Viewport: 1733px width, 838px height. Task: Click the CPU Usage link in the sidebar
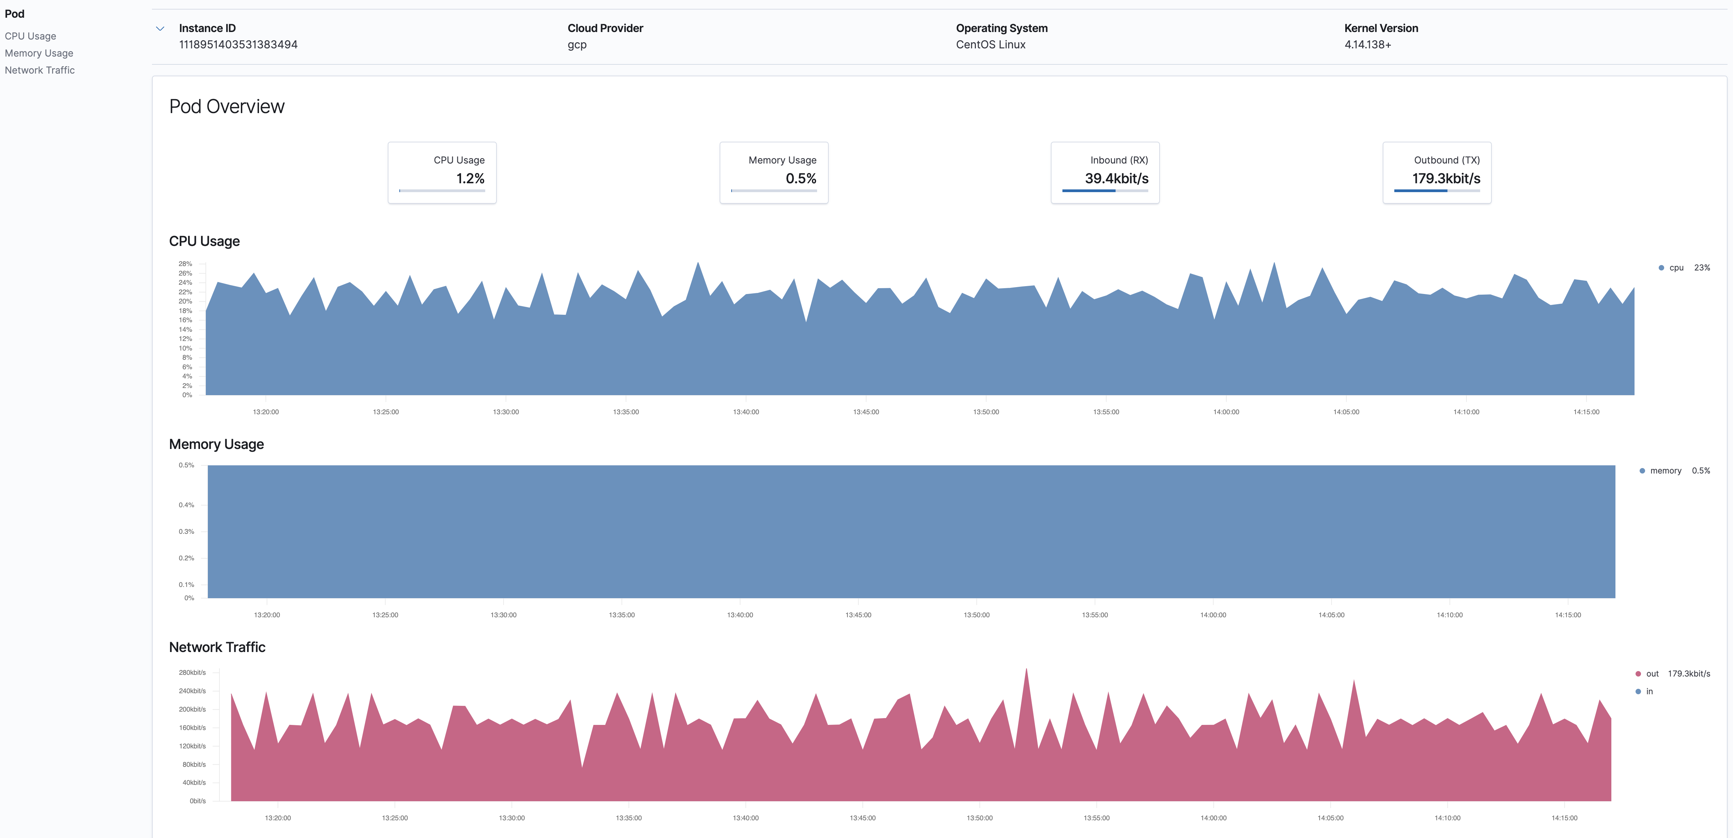tap(30, 36)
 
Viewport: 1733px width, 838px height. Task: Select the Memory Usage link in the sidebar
tap(39, 53)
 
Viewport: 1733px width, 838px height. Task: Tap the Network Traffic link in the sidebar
tap(40, 70)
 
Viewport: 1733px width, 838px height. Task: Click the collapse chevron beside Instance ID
tap(160, 29)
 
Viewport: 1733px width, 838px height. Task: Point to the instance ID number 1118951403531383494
tap(238, 44)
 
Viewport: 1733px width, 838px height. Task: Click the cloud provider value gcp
tap(577, 44)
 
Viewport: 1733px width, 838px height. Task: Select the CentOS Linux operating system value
tap(990, 44)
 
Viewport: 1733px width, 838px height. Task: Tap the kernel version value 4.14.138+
tap(1367, 44)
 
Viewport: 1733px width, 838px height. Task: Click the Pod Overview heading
tap(227, 106)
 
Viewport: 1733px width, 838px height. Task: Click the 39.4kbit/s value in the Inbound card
tap(1116, 178)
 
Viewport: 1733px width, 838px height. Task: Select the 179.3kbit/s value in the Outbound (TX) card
tap(1446, 178)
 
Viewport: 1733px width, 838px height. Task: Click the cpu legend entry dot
tap(1661, 268)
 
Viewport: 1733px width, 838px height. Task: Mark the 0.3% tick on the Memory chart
tap(186, 531)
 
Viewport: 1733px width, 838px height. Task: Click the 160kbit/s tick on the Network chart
tap(193, 728)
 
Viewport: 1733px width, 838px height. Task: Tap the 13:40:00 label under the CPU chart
tap(746, 412)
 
